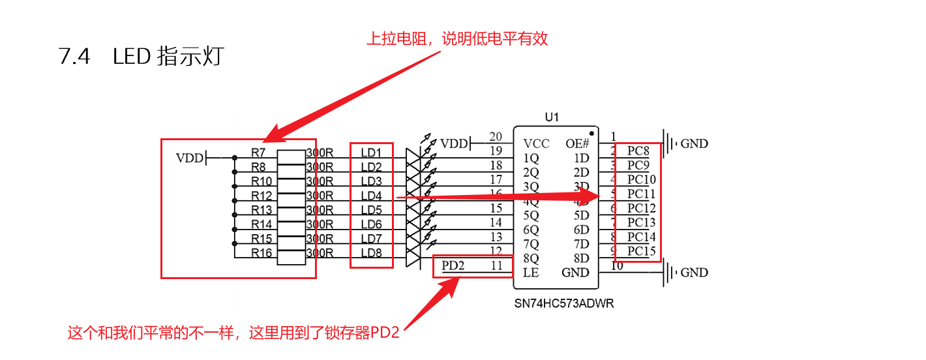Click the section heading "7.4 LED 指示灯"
click(142, 57)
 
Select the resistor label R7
click(259, 152)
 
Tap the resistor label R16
click(261, 252)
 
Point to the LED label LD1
click(371, 152)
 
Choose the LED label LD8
click(371, 252)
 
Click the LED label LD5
click(371, 209)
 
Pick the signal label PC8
click(638, 151)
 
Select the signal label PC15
click(641, 251)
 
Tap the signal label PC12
click(641, 208)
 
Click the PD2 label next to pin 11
click(453, 265)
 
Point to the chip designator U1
click(552, 117)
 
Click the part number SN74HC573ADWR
click(564, 303)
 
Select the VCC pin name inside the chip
click(536, 143)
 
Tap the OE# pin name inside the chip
click(576, 143)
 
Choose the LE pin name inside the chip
click(531, 273)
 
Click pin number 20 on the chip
click(496, 136)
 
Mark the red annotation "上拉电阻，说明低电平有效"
click(456, 38)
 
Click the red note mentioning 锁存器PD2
click(233, 333)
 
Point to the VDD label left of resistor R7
click(190, 158)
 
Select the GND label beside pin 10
click(694, 273)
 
